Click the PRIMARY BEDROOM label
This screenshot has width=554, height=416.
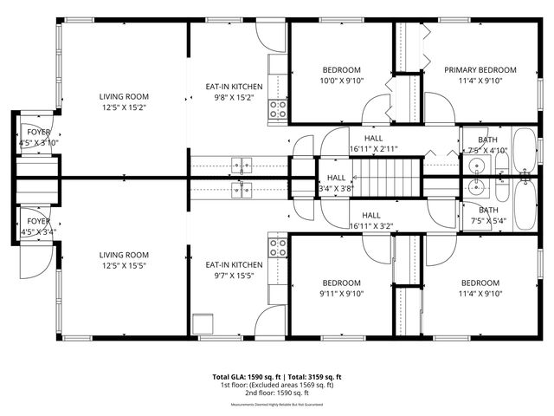point(480,70)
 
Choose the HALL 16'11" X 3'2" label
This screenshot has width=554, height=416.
point(371,221)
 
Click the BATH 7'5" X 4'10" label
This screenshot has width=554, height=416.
point(488,145)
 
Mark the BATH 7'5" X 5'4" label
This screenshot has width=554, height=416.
point(488,215)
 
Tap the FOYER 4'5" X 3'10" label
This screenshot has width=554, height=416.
point(36,137)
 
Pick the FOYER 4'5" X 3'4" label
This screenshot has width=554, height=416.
point(36,226)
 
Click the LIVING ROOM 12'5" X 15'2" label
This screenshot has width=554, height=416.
point(124,102)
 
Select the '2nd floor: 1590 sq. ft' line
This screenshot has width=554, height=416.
point(277,394)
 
